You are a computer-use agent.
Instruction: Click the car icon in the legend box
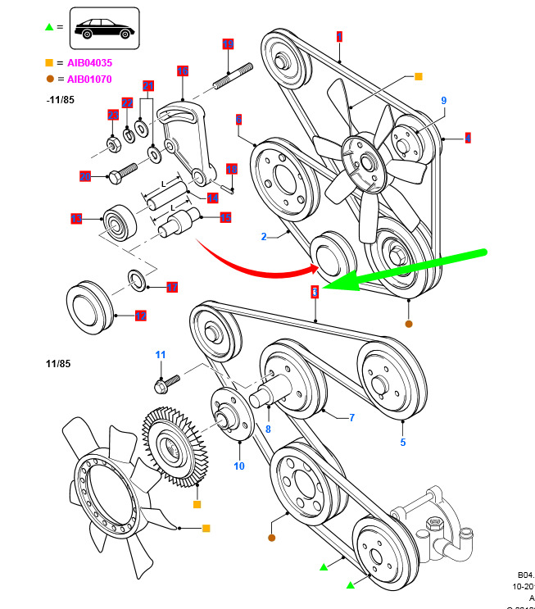104,29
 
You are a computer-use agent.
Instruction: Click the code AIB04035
89,62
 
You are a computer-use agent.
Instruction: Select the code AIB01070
89,80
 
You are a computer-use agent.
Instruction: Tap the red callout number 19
228,44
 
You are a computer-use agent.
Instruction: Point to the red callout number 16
183,71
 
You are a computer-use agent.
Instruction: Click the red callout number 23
113,116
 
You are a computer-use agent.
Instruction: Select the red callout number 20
84,176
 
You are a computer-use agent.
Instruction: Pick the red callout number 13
76,219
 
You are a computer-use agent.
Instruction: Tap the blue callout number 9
444,101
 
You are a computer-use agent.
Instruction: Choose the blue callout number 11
161,354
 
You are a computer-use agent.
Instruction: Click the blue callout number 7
351,418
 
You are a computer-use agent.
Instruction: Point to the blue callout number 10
239,466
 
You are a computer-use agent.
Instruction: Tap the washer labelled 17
138,280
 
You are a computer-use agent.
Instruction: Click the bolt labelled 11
167,382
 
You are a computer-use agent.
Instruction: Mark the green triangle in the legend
49,28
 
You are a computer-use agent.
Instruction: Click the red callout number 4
468,139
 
